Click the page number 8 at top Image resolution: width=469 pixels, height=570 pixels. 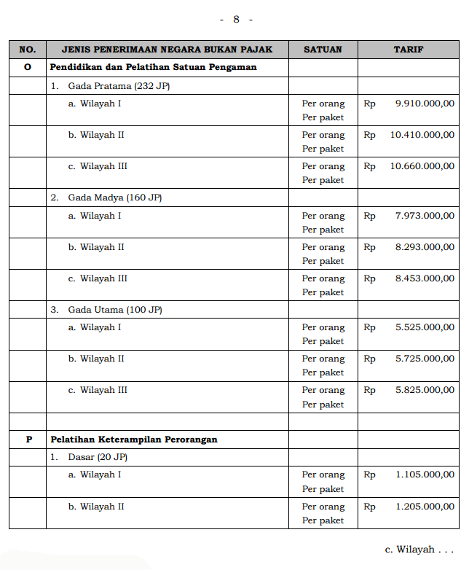coord(236,19)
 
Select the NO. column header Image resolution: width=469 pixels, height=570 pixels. coord(28,50)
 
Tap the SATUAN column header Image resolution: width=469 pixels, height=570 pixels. coord(323,50)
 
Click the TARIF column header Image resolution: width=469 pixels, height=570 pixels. coord(409,50)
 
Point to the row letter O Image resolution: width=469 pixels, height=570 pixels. coord(28,67)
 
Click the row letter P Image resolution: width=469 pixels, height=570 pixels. coord(28,440)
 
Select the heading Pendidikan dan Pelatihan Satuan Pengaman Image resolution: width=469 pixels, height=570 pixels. coord(153,67)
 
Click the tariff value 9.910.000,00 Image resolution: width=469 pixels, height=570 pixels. coord(425,104)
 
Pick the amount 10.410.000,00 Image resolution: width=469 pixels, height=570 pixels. coord(422,135)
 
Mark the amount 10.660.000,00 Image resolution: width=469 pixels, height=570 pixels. coord(422,166)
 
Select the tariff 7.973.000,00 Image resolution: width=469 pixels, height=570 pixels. coord(425,216)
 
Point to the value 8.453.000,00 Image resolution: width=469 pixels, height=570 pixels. coord(425,278)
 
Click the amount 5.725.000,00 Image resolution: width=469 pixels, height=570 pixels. coord(425,359)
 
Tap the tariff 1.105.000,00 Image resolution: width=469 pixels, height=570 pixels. coord(425,475)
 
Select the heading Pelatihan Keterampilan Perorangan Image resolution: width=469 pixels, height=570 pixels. coord(134,440)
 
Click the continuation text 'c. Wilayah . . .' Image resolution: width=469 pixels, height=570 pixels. coord(419,549)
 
